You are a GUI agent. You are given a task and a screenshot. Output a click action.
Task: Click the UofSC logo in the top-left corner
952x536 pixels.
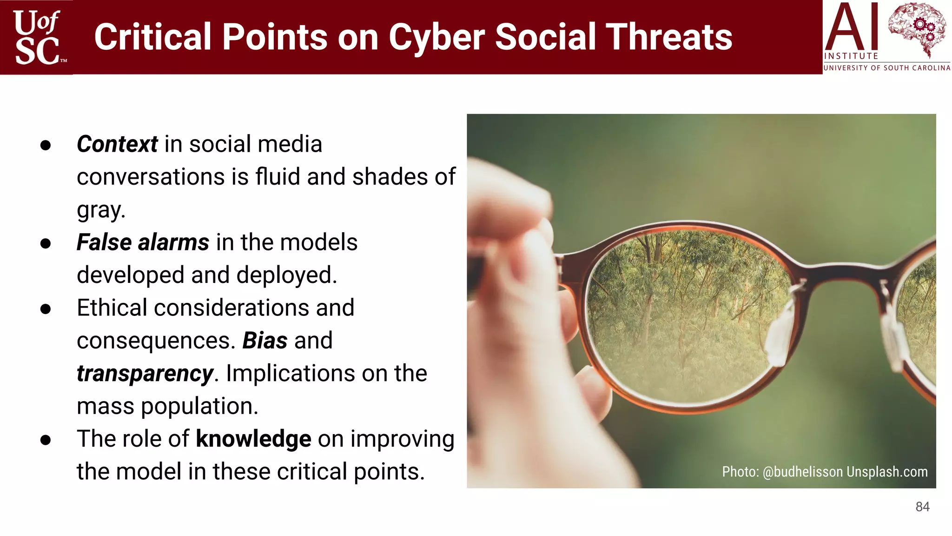pos(37,37)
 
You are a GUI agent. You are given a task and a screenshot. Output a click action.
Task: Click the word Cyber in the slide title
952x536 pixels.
pos(436,37)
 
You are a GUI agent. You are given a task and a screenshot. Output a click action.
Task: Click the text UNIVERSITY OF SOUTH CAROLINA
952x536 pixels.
pos(886,68)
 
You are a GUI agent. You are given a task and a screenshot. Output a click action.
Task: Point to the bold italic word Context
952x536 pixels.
pos(117,144)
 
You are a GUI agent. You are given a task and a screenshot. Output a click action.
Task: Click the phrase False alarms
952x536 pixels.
pos(143,242)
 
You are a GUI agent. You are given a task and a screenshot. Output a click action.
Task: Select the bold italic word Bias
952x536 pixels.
pos(264,341)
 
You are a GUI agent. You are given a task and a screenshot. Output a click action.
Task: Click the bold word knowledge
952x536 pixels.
pos(253,439)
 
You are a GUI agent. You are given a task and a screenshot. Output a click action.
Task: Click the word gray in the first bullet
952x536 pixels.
pos(100,210)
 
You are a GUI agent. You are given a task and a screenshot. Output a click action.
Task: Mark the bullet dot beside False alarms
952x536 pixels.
pos(46,243)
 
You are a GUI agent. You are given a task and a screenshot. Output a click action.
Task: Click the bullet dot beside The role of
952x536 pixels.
pos(46,440)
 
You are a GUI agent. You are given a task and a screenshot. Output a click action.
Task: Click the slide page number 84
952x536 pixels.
pos(922,507)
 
